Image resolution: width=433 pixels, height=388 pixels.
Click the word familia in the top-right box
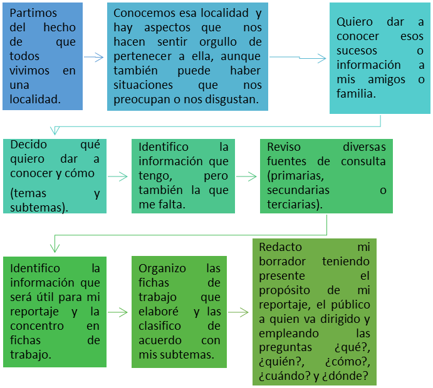[355, 94]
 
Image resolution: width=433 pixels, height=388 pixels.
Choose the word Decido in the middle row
[28, 145]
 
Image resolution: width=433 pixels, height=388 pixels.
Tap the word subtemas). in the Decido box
[39, 207]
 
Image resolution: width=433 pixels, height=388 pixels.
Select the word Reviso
[284, 147]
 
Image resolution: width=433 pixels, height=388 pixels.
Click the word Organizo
[162, 268]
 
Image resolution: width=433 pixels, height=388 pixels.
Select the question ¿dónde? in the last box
[353, 377]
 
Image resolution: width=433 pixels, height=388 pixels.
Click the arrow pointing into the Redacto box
[238, 311]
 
